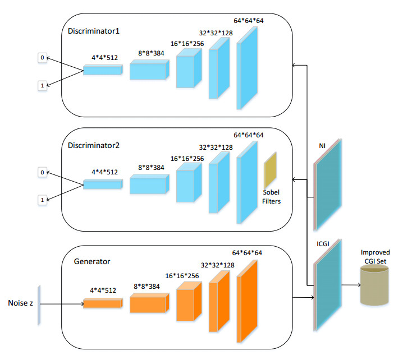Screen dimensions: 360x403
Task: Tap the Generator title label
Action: (93, 261)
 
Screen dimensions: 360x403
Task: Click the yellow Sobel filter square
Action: (271, 169)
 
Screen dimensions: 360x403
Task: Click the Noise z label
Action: (20, 303)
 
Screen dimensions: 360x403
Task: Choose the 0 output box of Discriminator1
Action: (42, 57)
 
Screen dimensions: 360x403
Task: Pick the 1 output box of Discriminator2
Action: (42, 200)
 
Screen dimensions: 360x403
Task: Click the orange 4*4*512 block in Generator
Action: (103, 303)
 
